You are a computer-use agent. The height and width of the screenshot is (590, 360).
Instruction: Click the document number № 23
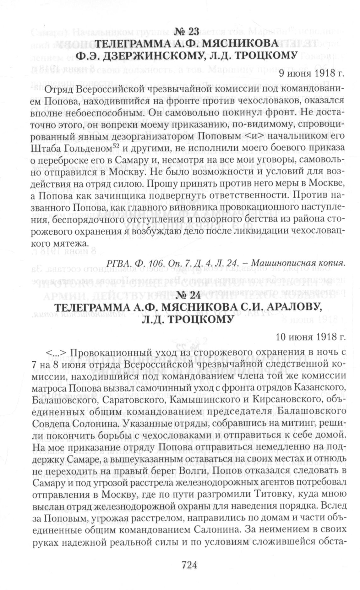coord(186,31)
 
